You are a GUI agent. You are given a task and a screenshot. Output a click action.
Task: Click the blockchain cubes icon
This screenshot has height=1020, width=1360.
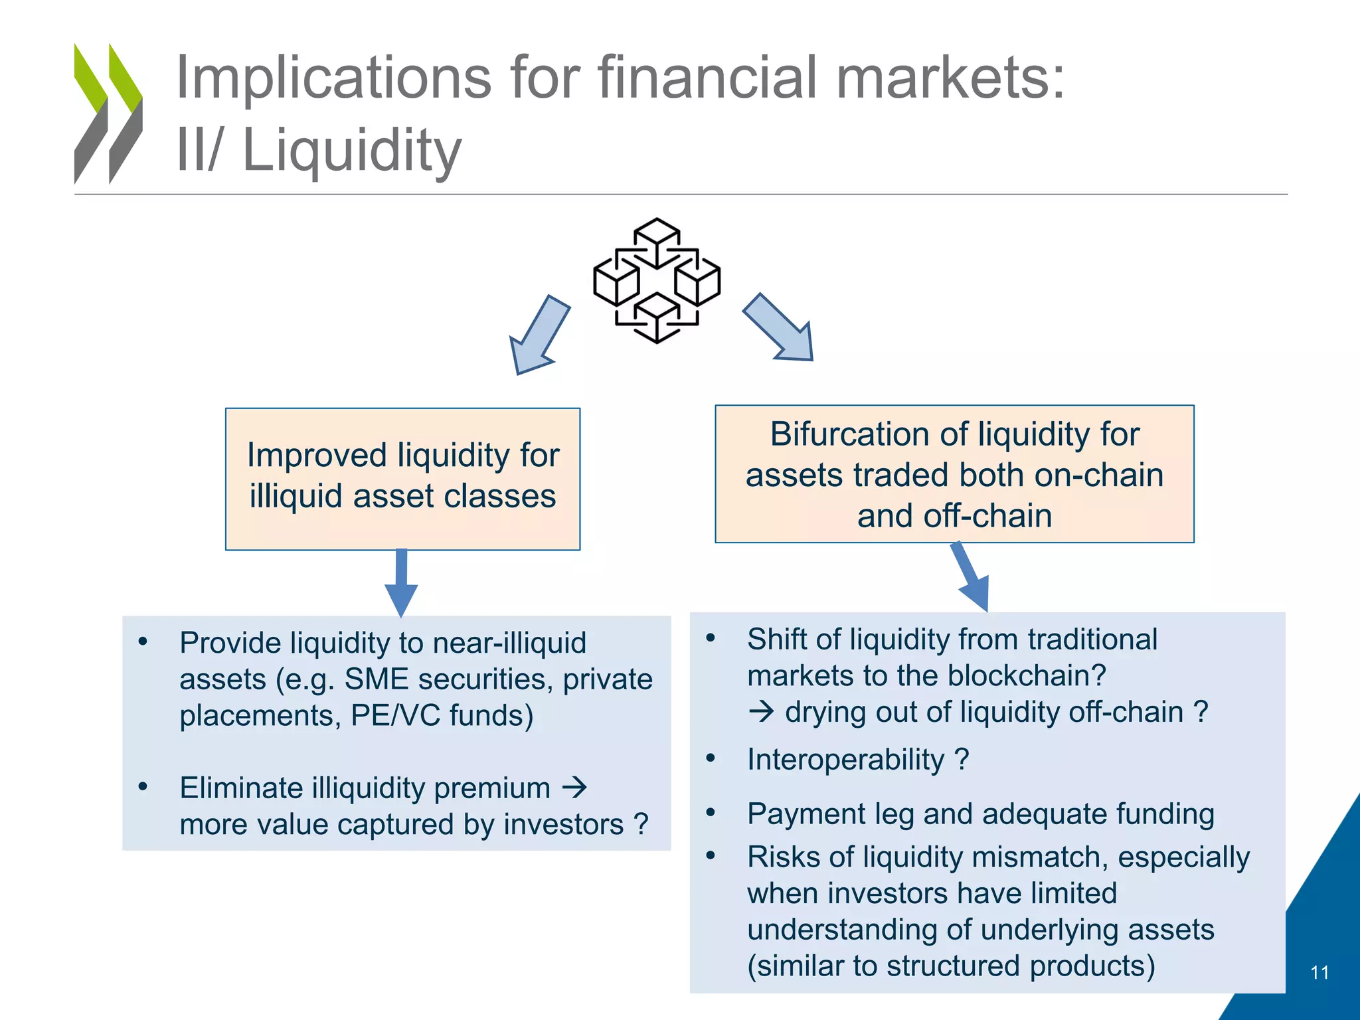pyautogui.click(x=656, y=280)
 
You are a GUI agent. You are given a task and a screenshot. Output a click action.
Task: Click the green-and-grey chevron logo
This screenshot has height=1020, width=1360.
pyautogui.click(x=108, y=114)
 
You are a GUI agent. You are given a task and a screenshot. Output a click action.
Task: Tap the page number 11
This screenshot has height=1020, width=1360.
pyautogui.click(x=1319, y=973)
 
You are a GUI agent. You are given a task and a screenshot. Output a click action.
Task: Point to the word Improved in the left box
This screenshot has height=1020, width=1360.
pyautogui.click(x=317, y=456)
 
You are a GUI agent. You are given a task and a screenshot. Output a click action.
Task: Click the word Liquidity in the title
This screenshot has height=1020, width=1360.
pyautogui.click(x=352, y=150)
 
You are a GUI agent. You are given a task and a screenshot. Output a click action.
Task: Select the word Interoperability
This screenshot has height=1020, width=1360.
pyautogui.click(x=845, y=759)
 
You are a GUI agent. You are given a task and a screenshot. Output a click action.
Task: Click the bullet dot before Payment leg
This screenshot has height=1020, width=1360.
pyautogui.click(x=711, y=812)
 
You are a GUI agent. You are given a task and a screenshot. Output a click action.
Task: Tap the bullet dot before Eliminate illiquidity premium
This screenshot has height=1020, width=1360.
pyautogui.click(x=143, y=787)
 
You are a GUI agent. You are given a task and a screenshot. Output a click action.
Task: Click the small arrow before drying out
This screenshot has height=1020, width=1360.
pyautogui.click(x=761, y=712)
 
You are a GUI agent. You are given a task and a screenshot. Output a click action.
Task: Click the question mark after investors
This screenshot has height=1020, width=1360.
pyautogui.click(x=641, y=825)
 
